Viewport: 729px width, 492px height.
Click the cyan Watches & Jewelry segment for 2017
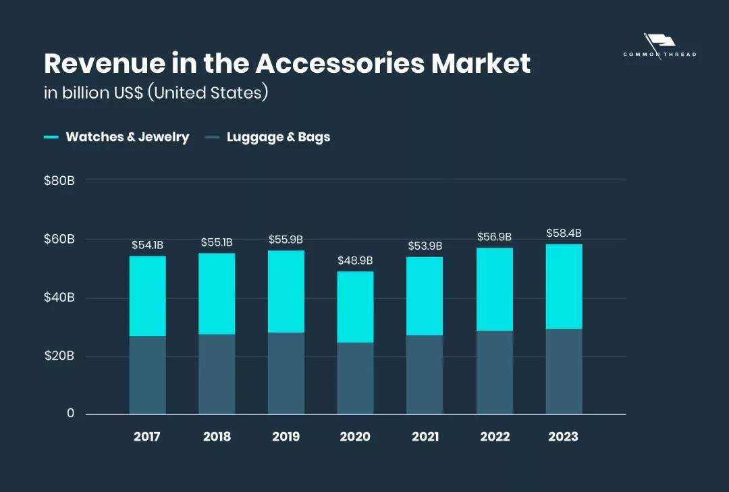pyautogui.click(x=147, y=296)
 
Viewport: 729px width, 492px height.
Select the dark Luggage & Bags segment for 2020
pyautogui.click(x=355, y=378)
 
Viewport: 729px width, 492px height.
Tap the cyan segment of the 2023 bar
pyautogui.click(x=564, y=286)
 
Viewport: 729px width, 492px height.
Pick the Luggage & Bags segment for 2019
pyautogui.click(x=286, y=373)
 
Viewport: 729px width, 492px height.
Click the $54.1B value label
pyautogui.click(x=147, y=245)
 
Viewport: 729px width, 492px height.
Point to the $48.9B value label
pyautogui.click(x=355, y=261)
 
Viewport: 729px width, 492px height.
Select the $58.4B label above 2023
pyautogui.click(x=564, y=234)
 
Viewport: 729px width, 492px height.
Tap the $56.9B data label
pyautogui.click(x=494, y=237)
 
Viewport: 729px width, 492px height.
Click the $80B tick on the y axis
pyautogui.click(x=59, y=181)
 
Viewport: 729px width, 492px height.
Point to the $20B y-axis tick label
pyautogui.click(x=59, y=356)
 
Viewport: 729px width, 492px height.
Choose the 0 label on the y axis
pyautogui.click(x=70, y=413)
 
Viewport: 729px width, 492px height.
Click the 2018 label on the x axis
pyautogui.click(x=217, y=437)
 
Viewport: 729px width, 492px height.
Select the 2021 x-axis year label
pyautogui.click(x=425, y=437)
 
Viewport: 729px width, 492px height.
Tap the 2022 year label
pyautogui.click(x=495, y=437)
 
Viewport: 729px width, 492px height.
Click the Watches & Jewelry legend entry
pyautogui.click(x=127, y=137)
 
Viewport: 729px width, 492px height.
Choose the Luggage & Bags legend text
pyautogui.click(x=278, y=137)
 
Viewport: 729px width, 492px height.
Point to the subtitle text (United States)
pyautogui.click(x=211, y=92)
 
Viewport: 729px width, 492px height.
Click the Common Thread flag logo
pyautogui.click(x=659, y=44)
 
